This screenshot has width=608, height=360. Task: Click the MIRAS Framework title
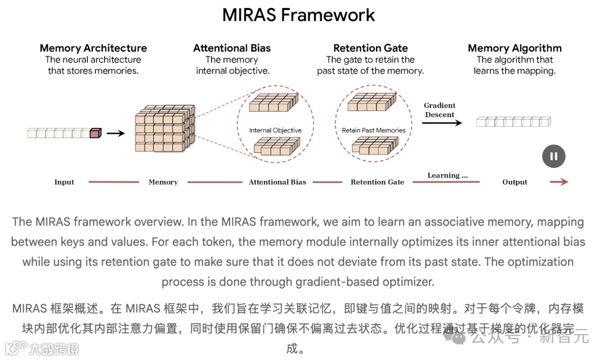298,15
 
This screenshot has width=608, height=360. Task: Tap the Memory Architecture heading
93,48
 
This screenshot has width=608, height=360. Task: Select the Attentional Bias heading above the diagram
232,48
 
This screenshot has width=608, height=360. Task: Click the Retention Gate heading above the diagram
370,48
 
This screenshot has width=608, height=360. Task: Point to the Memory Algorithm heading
515,48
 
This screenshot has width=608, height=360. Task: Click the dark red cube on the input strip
95,133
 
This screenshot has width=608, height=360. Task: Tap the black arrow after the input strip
115,133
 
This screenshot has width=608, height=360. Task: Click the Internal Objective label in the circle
275,130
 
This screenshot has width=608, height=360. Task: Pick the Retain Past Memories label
374,130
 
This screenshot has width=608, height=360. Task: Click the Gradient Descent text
440,110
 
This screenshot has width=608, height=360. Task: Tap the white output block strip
513,121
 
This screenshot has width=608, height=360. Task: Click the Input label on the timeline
64,182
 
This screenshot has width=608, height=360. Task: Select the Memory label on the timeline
163,182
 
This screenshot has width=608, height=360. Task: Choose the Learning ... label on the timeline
448,175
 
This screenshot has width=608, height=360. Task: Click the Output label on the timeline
515,182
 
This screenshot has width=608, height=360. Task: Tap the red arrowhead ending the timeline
564,182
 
